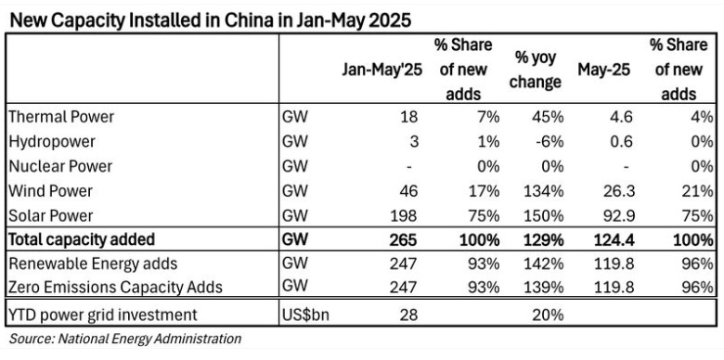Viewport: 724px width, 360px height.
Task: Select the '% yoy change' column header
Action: point(536,70)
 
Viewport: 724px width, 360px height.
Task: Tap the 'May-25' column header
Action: point(603,71)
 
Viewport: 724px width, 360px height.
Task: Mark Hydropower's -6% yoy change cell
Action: point(548,142)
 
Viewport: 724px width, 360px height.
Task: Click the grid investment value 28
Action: point(409,315)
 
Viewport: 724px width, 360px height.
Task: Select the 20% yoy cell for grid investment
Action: point(548,315)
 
